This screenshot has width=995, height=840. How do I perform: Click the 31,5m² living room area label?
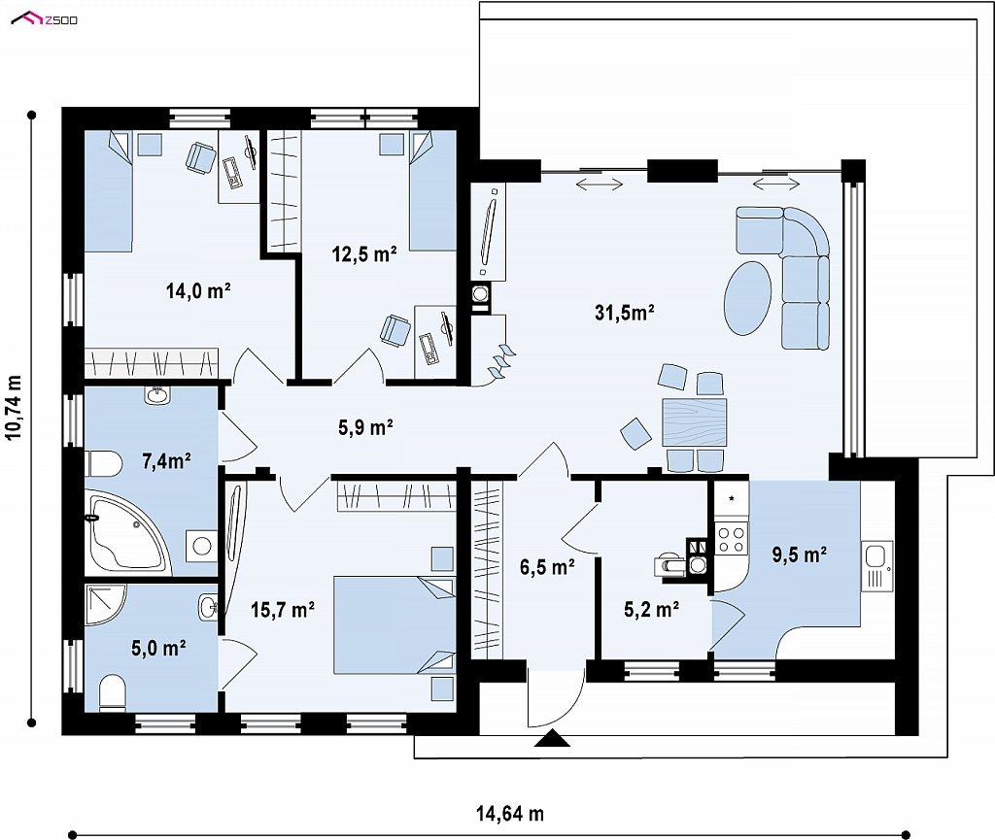(625, 312)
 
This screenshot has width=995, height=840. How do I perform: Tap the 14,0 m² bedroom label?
(198, 291)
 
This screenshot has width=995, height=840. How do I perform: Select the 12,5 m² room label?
(364, 254)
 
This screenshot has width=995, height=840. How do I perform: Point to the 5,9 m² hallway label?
(365, 427)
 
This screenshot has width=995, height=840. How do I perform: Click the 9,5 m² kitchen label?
(799, 554)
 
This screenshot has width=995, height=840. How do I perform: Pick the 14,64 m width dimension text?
(510, 814)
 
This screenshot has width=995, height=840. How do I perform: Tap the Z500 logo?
(45, 19)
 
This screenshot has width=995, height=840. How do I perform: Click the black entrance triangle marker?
(552, 739)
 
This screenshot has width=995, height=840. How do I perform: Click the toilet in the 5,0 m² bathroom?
(113, 691)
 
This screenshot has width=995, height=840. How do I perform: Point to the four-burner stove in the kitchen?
(731, 539)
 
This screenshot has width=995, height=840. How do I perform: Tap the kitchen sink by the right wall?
(877, 565)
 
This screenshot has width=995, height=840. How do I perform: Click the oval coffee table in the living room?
(747, 298)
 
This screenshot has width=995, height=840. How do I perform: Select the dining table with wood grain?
(694, 421)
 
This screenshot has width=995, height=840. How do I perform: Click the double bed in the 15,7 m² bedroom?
(395, 624)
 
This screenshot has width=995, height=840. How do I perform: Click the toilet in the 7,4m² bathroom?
(103, 464)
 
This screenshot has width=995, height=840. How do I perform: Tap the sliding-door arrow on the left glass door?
(600, 184)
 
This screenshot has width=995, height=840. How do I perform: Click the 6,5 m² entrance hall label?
(548, 567)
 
